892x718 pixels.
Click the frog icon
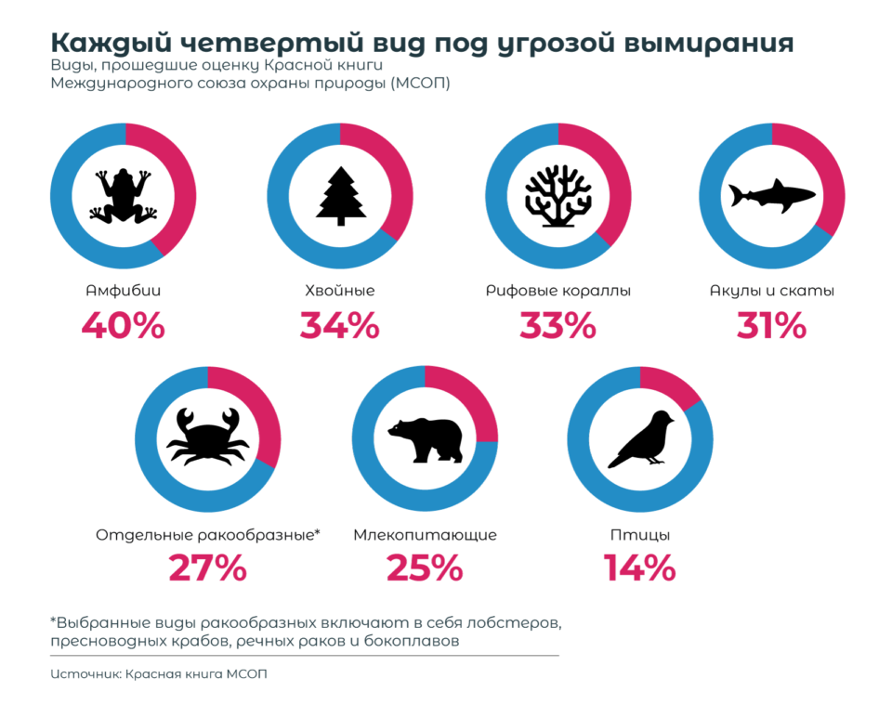122,196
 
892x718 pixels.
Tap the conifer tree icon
340,194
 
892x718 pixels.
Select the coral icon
557,196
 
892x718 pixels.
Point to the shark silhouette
771,195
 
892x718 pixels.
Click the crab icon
207,438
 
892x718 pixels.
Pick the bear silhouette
425,439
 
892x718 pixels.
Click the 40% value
123,326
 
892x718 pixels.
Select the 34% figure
339,326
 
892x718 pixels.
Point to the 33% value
557,326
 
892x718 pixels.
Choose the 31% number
771,326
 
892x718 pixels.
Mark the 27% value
207,568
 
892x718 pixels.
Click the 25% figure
425,568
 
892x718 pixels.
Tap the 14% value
640,568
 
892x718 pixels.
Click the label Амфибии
123,291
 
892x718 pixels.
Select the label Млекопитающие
425,535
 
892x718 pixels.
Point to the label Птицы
640,535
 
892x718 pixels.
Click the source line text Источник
85,673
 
